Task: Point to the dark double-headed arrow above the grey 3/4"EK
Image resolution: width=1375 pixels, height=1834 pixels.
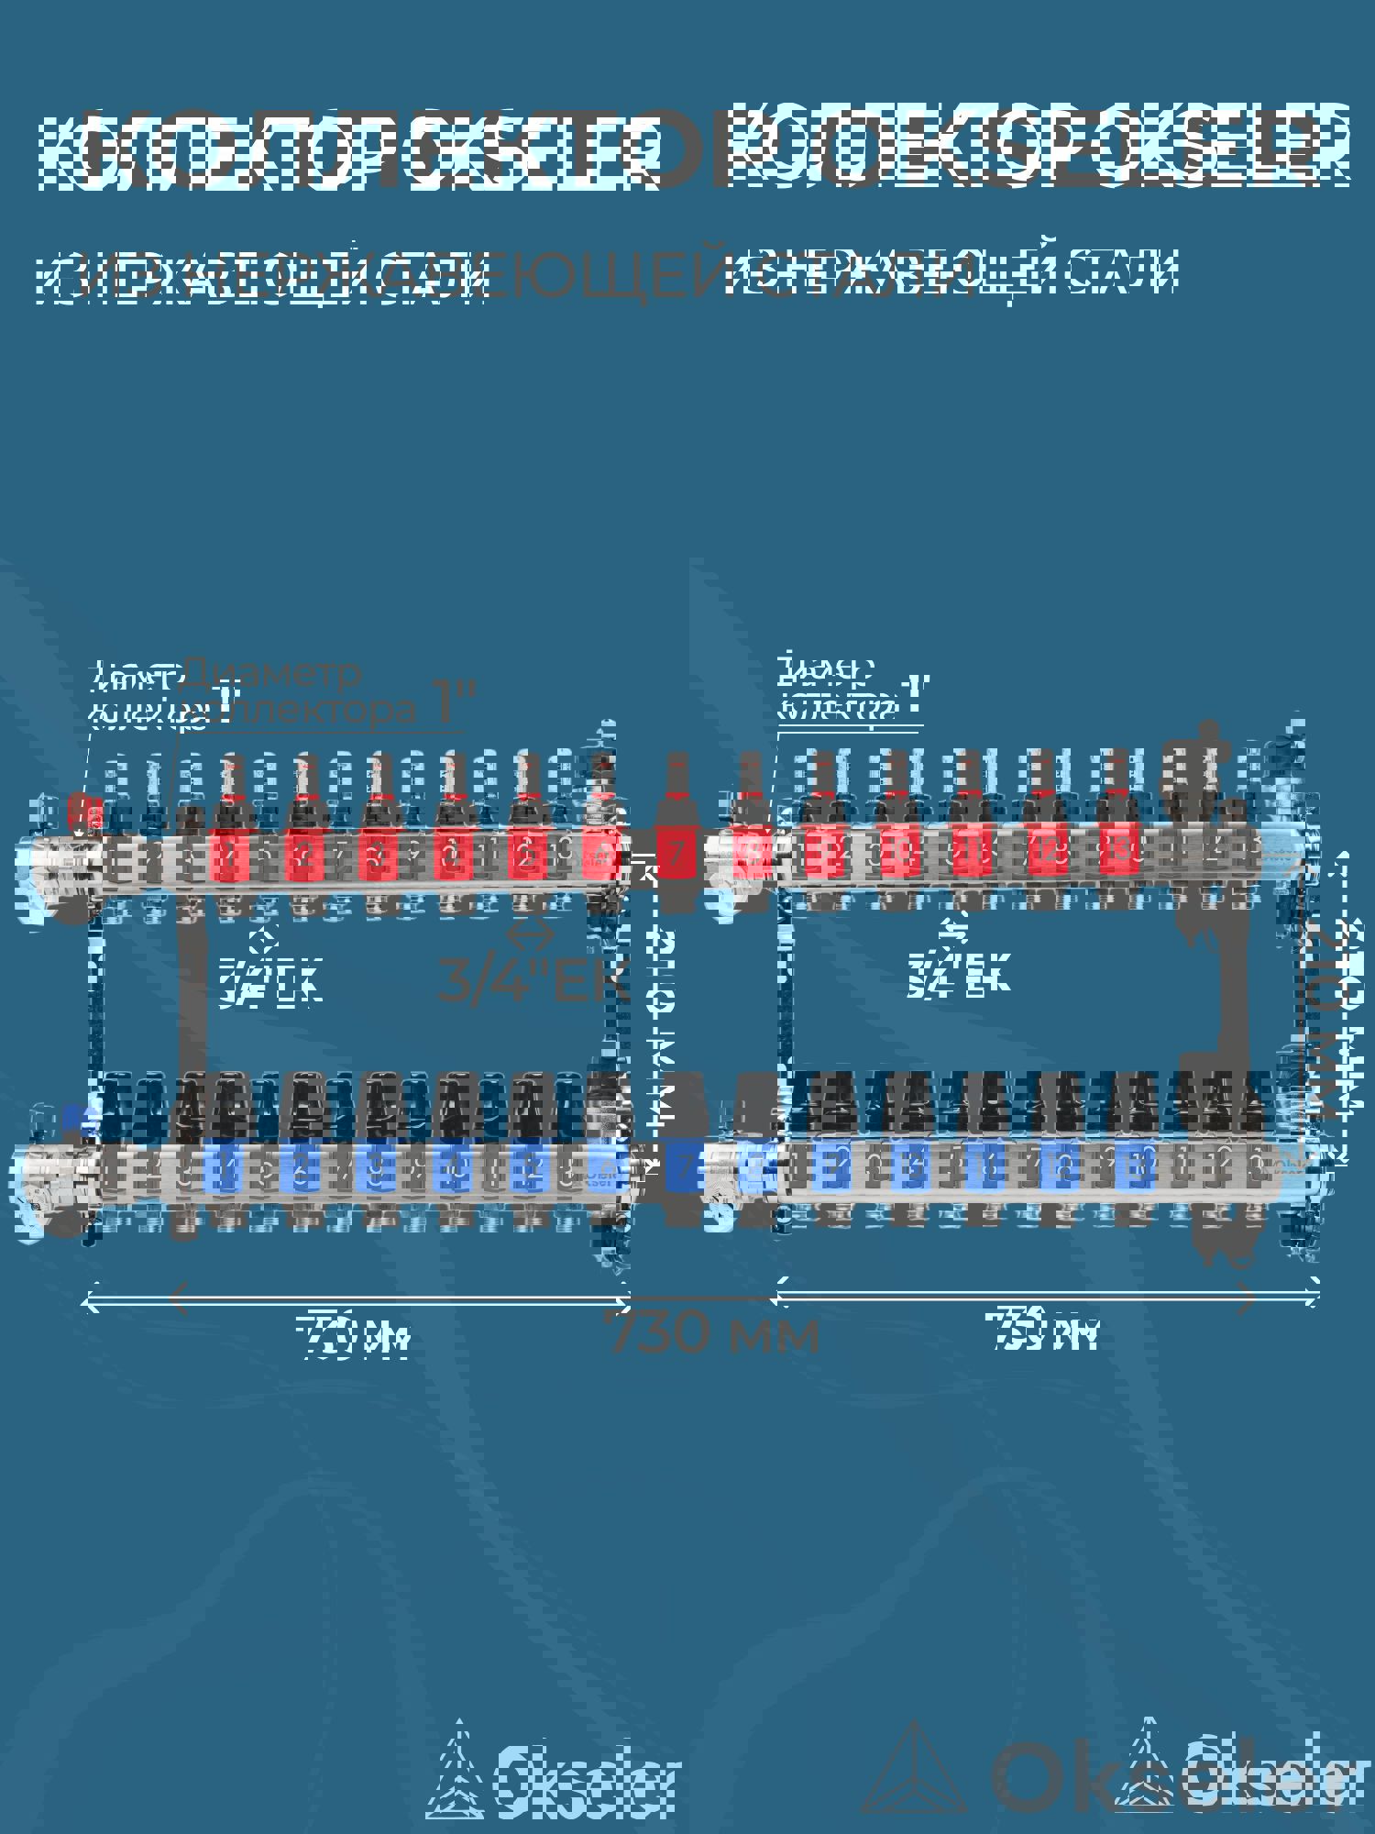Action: tap(530, 935)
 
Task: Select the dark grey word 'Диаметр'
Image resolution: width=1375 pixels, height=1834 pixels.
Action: tap(272, 672)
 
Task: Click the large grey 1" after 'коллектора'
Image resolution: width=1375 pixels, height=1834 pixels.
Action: tap(454, 704)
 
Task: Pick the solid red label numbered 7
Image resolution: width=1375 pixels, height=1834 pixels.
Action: tap(676, 854)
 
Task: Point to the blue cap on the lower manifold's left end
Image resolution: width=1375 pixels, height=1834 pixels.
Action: tap(75, 1119)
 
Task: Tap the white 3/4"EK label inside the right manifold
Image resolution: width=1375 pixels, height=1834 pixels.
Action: tap(957, 975)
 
